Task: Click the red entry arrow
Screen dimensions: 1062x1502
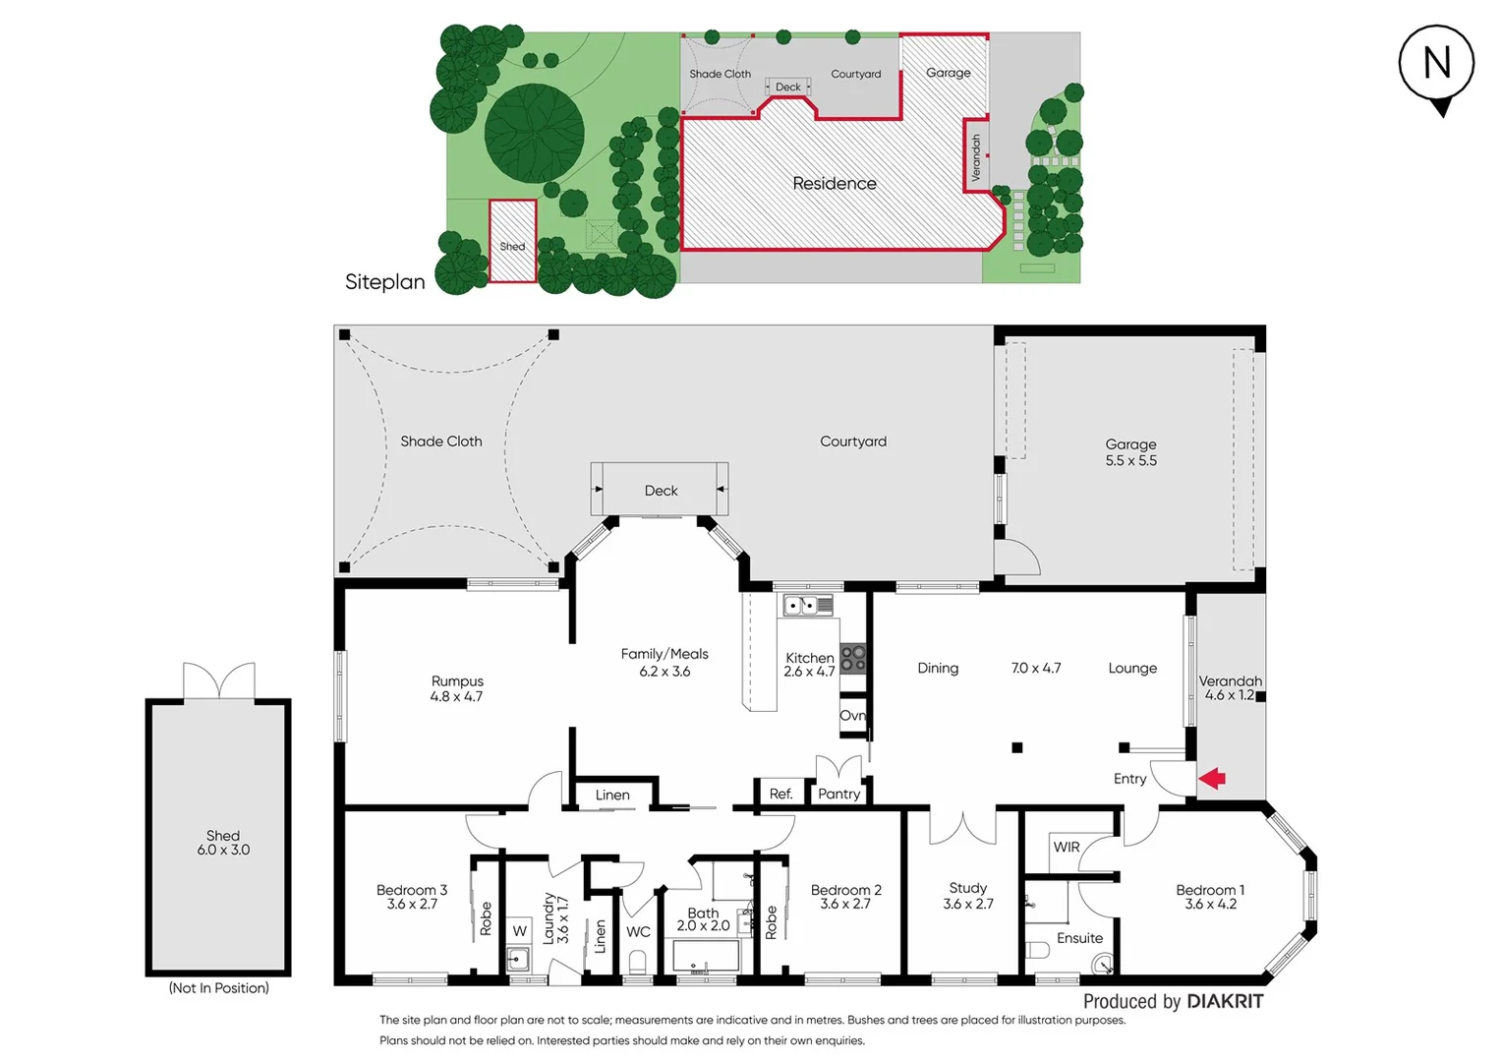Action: [x=1212, y=779]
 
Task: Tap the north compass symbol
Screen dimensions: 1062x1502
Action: [x=1436, y=65]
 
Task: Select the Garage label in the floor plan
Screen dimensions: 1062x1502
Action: [x=1130, y=444]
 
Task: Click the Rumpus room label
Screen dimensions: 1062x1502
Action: [x=457, y=681]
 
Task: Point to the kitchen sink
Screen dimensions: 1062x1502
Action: [x=807, y=605]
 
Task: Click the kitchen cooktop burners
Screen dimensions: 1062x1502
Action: [x=853, y=658]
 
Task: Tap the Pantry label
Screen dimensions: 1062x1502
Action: [x=838, y=794]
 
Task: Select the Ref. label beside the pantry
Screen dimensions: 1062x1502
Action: [x=780, y=794]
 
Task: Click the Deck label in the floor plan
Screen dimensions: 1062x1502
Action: [x=661, y=491]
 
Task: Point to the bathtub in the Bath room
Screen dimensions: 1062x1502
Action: [x=705, y=954]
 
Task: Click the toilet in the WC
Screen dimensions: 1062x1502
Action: [x=638, y=960]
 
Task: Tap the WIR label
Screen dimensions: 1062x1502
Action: [x=1067, y=847]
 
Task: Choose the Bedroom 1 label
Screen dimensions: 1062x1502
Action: [x=1210, y=890]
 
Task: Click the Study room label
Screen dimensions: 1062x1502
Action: [x=967, y=888]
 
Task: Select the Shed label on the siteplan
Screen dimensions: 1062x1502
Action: [x=512, y=247]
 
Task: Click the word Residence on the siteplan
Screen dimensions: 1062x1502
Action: [x=835, y=184]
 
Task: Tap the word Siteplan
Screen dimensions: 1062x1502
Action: [x=385, y=282]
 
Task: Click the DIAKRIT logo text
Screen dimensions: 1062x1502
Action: [x=1225, y=1001]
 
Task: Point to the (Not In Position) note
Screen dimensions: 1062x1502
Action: [x=218, y=987]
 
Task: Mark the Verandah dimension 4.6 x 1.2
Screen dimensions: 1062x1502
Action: [x=1229, y=695]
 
